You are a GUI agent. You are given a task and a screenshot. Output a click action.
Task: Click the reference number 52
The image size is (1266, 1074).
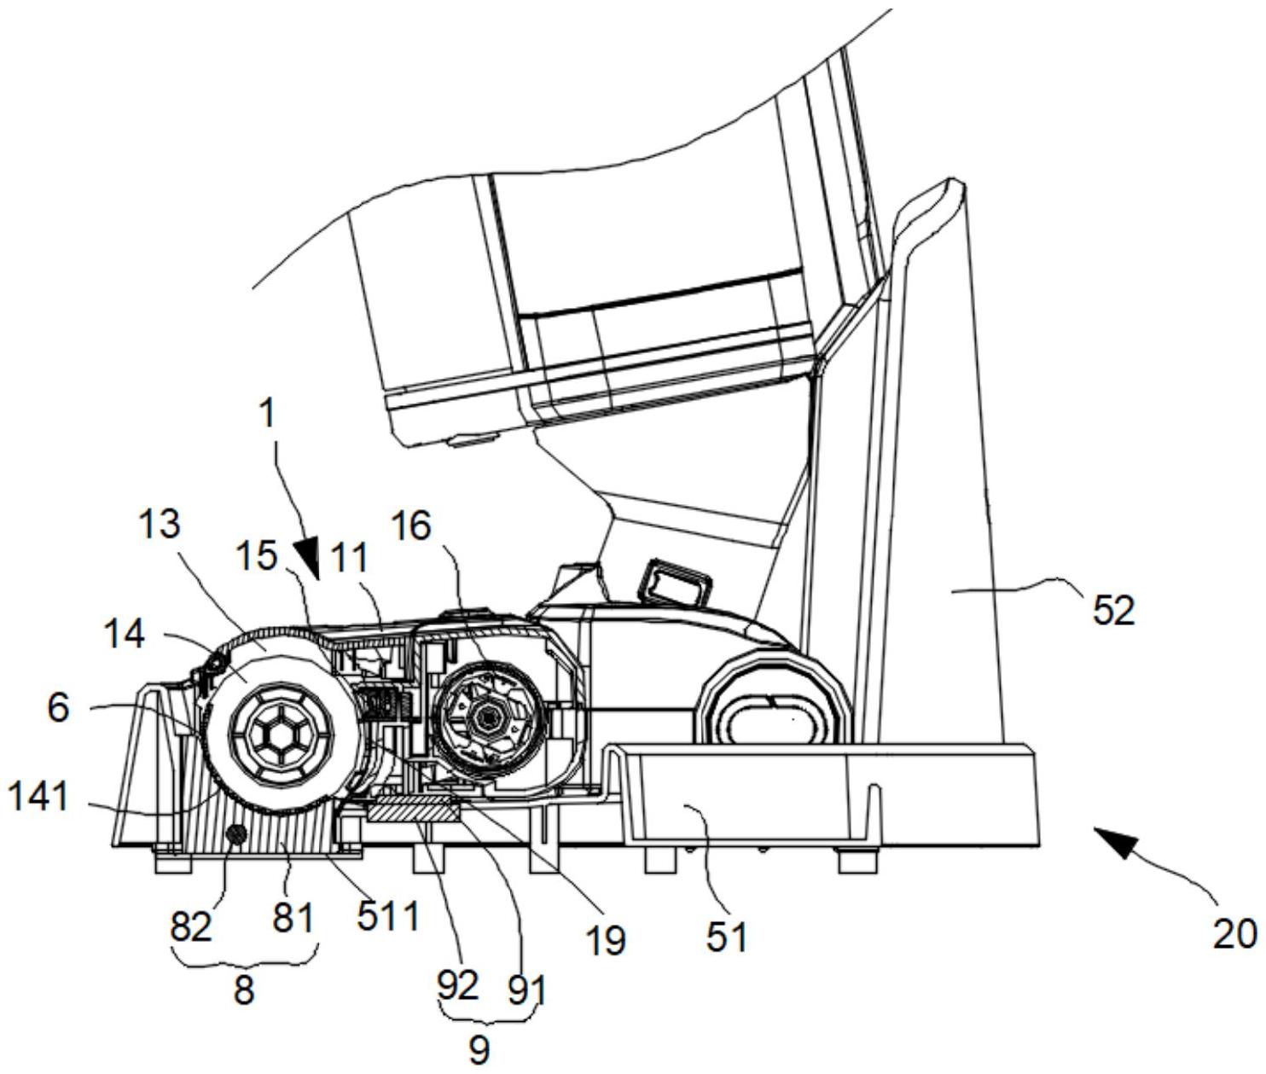pyautogui.click(x=1114, y=610)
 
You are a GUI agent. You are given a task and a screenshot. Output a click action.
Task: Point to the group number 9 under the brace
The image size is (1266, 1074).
pyautogui.click(x=479, y=1051)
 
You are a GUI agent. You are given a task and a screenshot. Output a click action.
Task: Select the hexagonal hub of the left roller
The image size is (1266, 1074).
pyautogui.click(x=282, y=734)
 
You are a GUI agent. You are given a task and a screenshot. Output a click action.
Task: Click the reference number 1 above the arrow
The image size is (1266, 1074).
pyautogui.click(x=268, y=415)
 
